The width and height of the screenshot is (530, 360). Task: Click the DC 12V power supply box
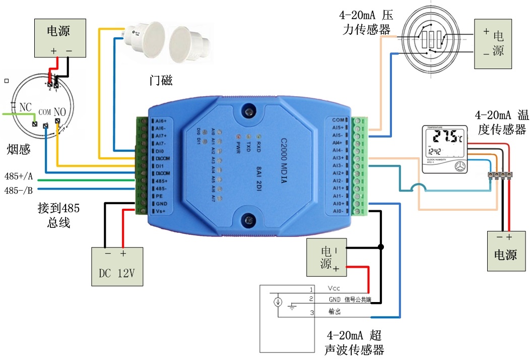click(117, 267)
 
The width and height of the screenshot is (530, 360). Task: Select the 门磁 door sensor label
click(161, 80)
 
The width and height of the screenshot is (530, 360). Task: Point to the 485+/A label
click(19, 177)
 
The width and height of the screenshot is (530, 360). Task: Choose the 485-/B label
click(19, 191)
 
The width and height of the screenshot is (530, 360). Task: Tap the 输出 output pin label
click(335, 312)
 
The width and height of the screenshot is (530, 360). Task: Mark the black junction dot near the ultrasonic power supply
click(381, 247)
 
